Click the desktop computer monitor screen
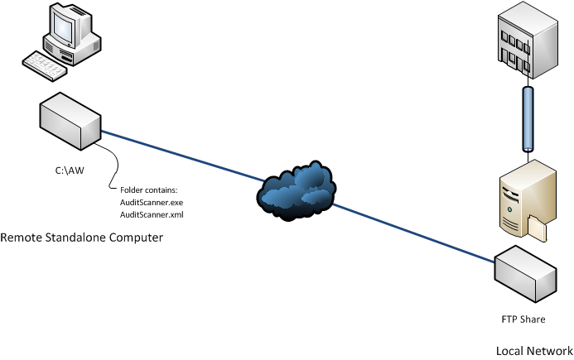63,27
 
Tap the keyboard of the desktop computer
44,65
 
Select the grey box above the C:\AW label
70,121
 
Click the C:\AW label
70,170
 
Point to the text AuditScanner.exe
152,202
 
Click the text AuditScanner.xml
152,214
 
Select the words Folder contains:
148,190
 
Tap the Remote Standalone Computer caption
82,238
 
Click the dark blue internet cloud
297,190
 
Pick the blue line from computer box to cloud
182,156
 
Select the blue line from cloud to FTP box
413,233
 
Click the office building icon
528,40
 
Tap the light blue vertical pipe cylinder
528,119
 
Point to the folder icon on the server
538,228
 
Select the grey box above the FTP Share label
526,274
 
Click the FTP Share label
523,319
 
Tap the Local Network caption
534,351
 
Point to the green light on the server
509,209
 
